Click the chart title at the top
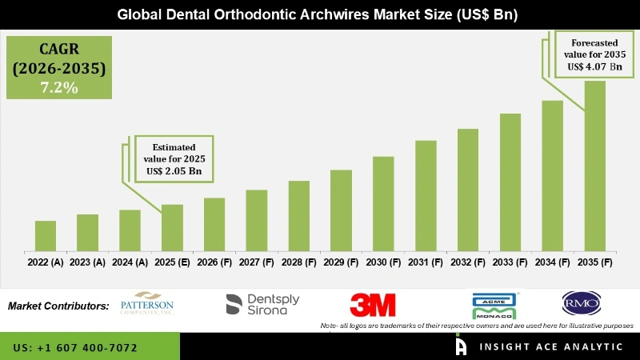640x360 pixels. point(320,14)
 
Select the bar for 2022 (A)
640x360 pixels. point(46,235)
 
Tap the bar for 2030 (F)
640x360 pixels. point(383,203)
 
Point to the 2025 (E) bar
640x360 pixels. point(172,227)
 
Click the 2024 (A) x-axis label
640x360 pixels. point(130,262)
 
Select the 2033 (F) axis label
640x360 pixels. point(510,262)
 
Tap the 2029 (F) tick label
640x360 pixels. point(341,262)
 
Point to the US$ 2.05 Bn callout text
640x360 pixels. point(174,170)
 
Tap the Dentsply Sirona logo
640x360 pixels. point(262,304)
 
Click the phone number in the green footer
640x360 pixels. point(75,348)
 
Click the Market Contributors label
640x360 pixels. point(58,306)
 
